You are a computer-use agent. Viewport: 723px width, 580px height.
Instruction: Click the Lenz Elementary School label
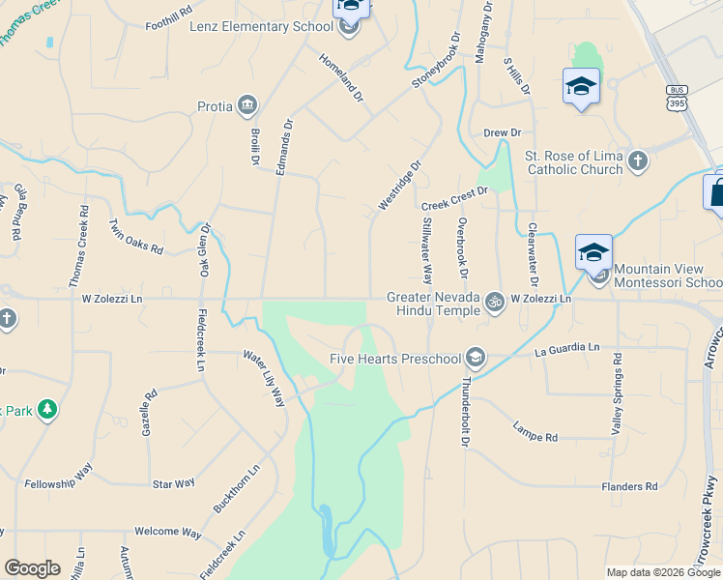pyautogui.click(x=261, y=26)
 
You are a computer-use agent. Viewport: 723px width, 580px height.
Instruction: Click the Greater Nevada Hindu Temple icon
pyautogui.click(x=495, y=301)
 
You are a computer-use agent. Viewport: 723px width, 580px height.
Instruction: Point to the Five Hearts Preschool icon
pyautogui.click(x=475, y=358)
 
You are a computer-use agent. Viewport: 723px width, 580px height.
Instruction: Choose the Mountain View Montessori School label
pyautogui.click(x=668, y=275)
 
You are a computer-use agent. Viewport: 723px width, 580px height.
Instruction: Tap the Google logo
pyautogui.click(x=33, y=568)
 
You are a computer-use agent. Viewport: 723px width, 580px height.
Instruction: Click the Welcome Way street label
pyautogui.click(x=168, y=533)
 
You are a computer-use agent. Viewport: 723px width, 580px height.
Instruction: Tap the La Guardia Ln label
pyautogui.click(x=567, y=347)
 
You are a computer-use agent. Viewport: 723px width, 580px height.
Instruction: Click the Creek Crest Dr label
pyautogui.click(x=454, y=198)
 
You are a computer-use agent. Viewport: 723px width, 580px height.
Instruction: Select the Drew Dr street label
pyautogui.click(x=502, y=132)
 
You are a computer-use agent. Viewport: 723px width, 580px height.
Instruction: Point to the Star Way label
pyautogui.click(x=174, y=482)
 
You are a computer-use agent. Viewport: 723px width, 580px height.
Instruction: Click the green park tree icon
pyautogui.click(x=46, y=410)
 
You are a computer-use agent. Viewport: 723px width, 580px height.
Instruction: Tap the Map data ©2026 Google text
pyautogui.click(x=662, y=572)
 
